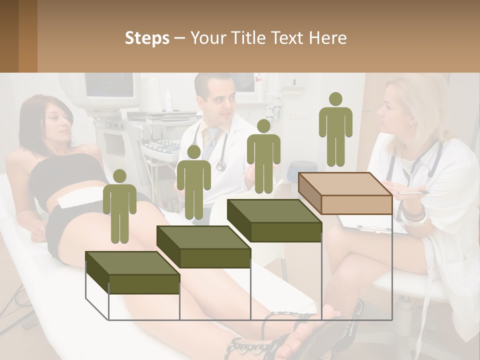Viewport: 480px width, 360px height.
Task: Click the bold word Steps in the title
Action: pos(147,38)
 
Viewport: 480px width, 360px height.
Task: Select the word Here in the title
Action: pos(327,38)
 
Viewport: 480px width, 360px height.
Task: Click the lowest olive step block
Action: pos(133,273)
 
